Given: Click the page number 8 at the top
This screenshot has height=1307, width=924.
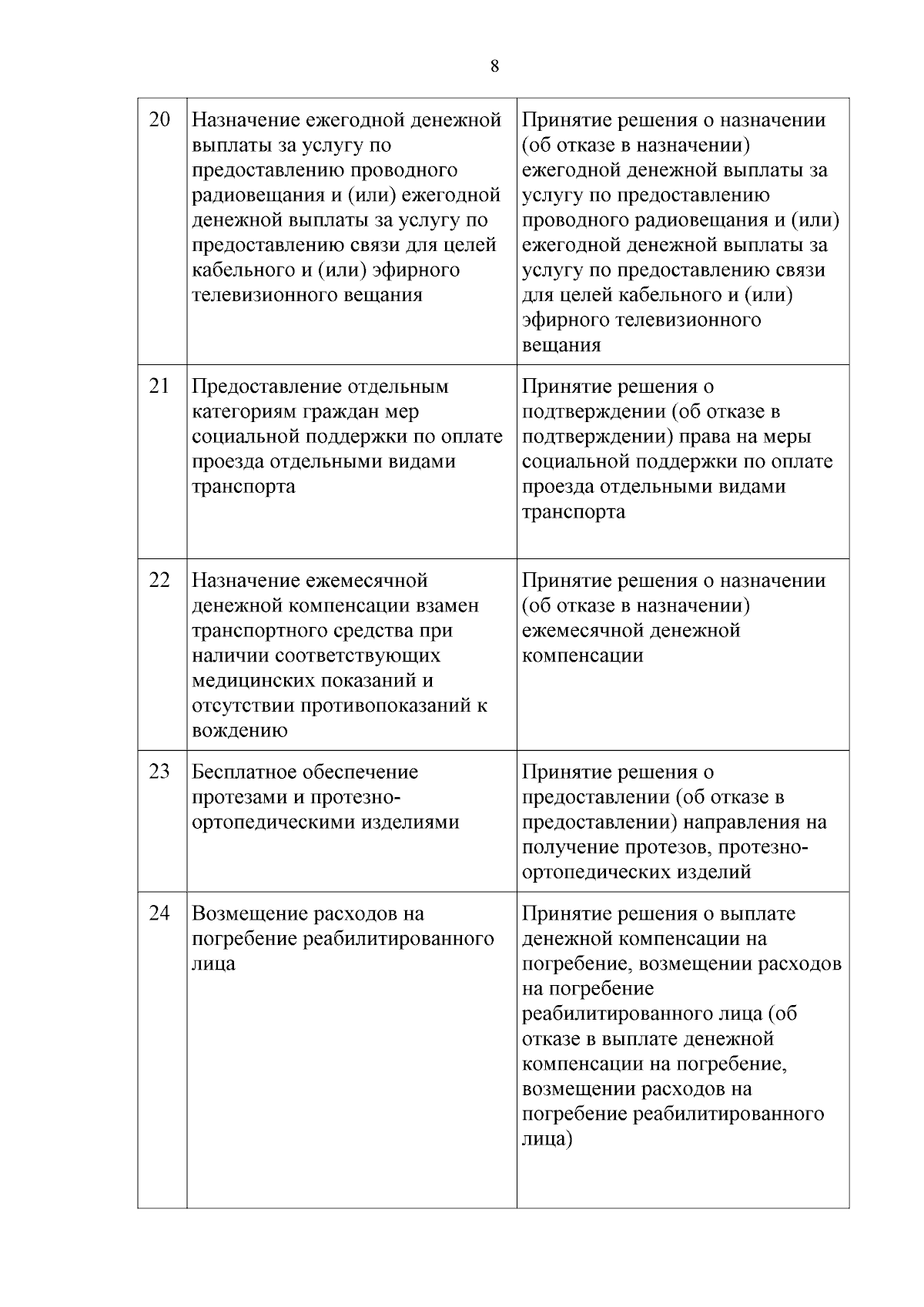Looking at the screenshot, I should [x=494, y=66].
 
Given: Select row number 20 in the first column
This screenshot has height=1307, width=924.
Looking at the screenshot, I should [x=159, y=120].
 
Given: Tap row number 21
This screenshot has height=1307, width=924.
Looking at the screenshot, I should [x=159, y=386].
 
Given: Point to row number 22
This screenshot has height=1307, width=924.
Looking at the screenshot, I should [x=159, y=580].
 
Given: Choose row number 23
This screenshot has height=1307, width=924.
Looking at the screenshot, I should [x=159, y=771].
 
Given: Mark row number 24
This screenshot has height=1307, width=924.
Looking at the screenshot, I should [x=159, y=913].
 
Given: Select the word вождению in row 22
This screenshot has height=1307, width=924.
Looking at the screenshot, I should [x=239, y=730].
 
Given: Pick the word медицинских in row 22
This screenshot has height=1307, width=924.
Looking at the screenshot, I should [x=254, y=681].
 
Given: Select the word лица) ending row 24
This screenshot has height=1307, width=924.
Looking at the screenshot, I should [x=547, y=1139].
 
